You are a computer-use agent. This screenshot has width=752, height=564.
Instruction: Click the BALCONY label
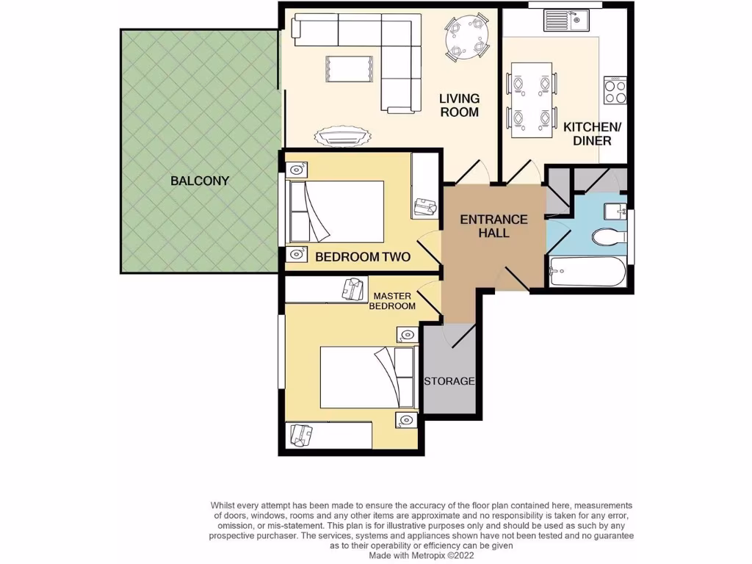point(200,181)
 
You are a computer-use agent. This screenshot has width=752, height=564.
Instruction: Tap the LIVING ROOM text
point(459,105)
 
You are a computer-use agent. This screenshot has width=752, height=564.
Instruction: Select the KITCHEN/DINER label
point(592,133)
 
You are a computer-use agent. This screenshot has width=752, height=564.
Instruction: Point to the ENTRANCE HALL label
point(493,225)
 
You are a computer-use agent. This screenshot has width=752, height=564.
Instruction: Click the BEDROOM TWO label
point(363,257)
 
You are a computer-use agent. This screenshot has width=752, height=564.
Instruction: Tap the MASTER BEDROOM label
point(394,301)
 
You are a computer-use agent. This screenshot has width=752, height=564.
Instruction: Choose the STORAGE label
point(449,381)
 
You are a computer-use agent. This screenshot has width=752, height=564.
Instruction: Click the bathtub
point(587,273)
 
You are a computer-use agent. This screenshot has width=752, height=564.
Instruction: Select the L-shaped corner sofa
point(367,51)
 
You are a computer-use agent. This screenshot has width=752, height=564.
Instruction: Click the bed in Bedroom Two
point(336,211)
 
